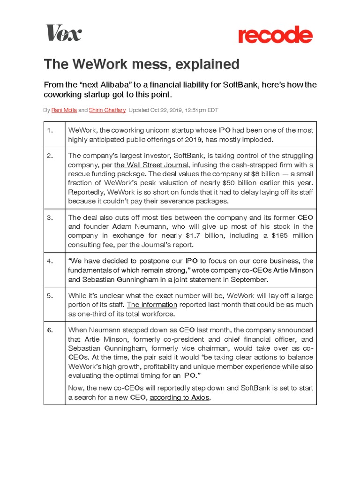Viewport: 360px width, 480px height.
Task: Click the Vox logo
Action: point(63,33)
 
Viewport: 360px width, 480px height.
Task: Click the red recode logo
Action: point(275,36)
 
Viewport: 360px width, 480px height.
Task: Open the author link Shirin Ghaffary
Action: point(107,110)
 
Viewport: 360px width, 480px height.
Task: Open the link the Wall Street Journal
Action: point(151,165)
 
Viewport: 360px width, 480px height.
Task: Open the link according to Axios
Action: point(180,397)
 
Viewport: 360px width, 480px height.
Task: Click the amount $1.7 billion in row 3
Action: point(211,236)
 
